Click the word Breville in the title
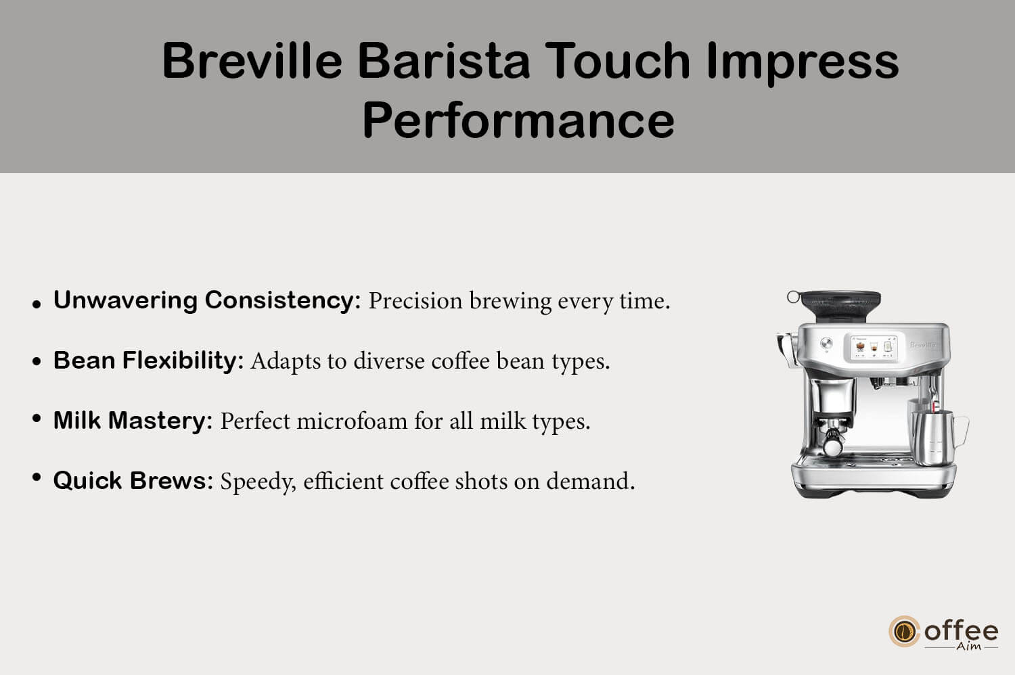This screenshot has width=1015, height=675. pos(252,61)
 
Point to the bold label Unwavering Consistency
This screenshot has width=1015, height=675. pos(207,300)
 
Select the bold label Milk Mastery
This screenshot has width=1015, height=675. pos(133,421)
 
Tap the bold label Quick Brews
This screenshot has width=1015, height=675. pos(133,481)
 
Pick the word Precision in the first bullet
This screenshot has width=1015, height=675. pos(415,301)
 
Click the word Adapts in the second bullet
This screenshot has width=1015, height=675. pos(286,362)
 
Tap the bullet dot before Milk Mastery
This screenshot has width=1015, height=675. pos(37,418)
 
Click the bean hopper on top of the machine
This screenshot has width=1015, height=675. pos(840,305)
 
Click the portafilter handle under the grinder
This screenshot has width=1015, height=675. pos(833,442)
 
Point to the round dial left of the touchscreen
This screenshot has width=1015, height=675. pos(826,343)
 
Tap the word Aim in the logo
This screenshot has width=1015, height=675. pos(968,647)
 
